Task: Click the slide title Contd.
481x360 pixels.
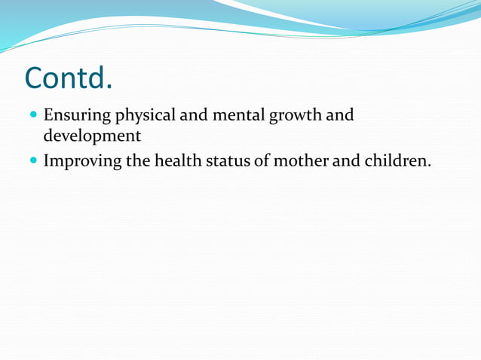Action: (69, 78)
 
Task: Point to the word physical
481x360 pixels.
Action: (142, 117)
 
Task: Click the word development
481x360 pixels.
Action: (92, 136)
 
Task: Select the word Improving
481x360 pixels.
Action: (82, 160)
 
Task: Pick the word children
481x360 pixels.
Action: (395, 160)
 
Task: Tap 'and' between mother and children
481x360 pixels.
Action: (344, 160)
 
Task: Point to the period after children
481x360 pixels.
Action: (429, 165)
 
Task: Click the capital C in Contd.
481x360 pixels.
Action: (35, 78)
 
